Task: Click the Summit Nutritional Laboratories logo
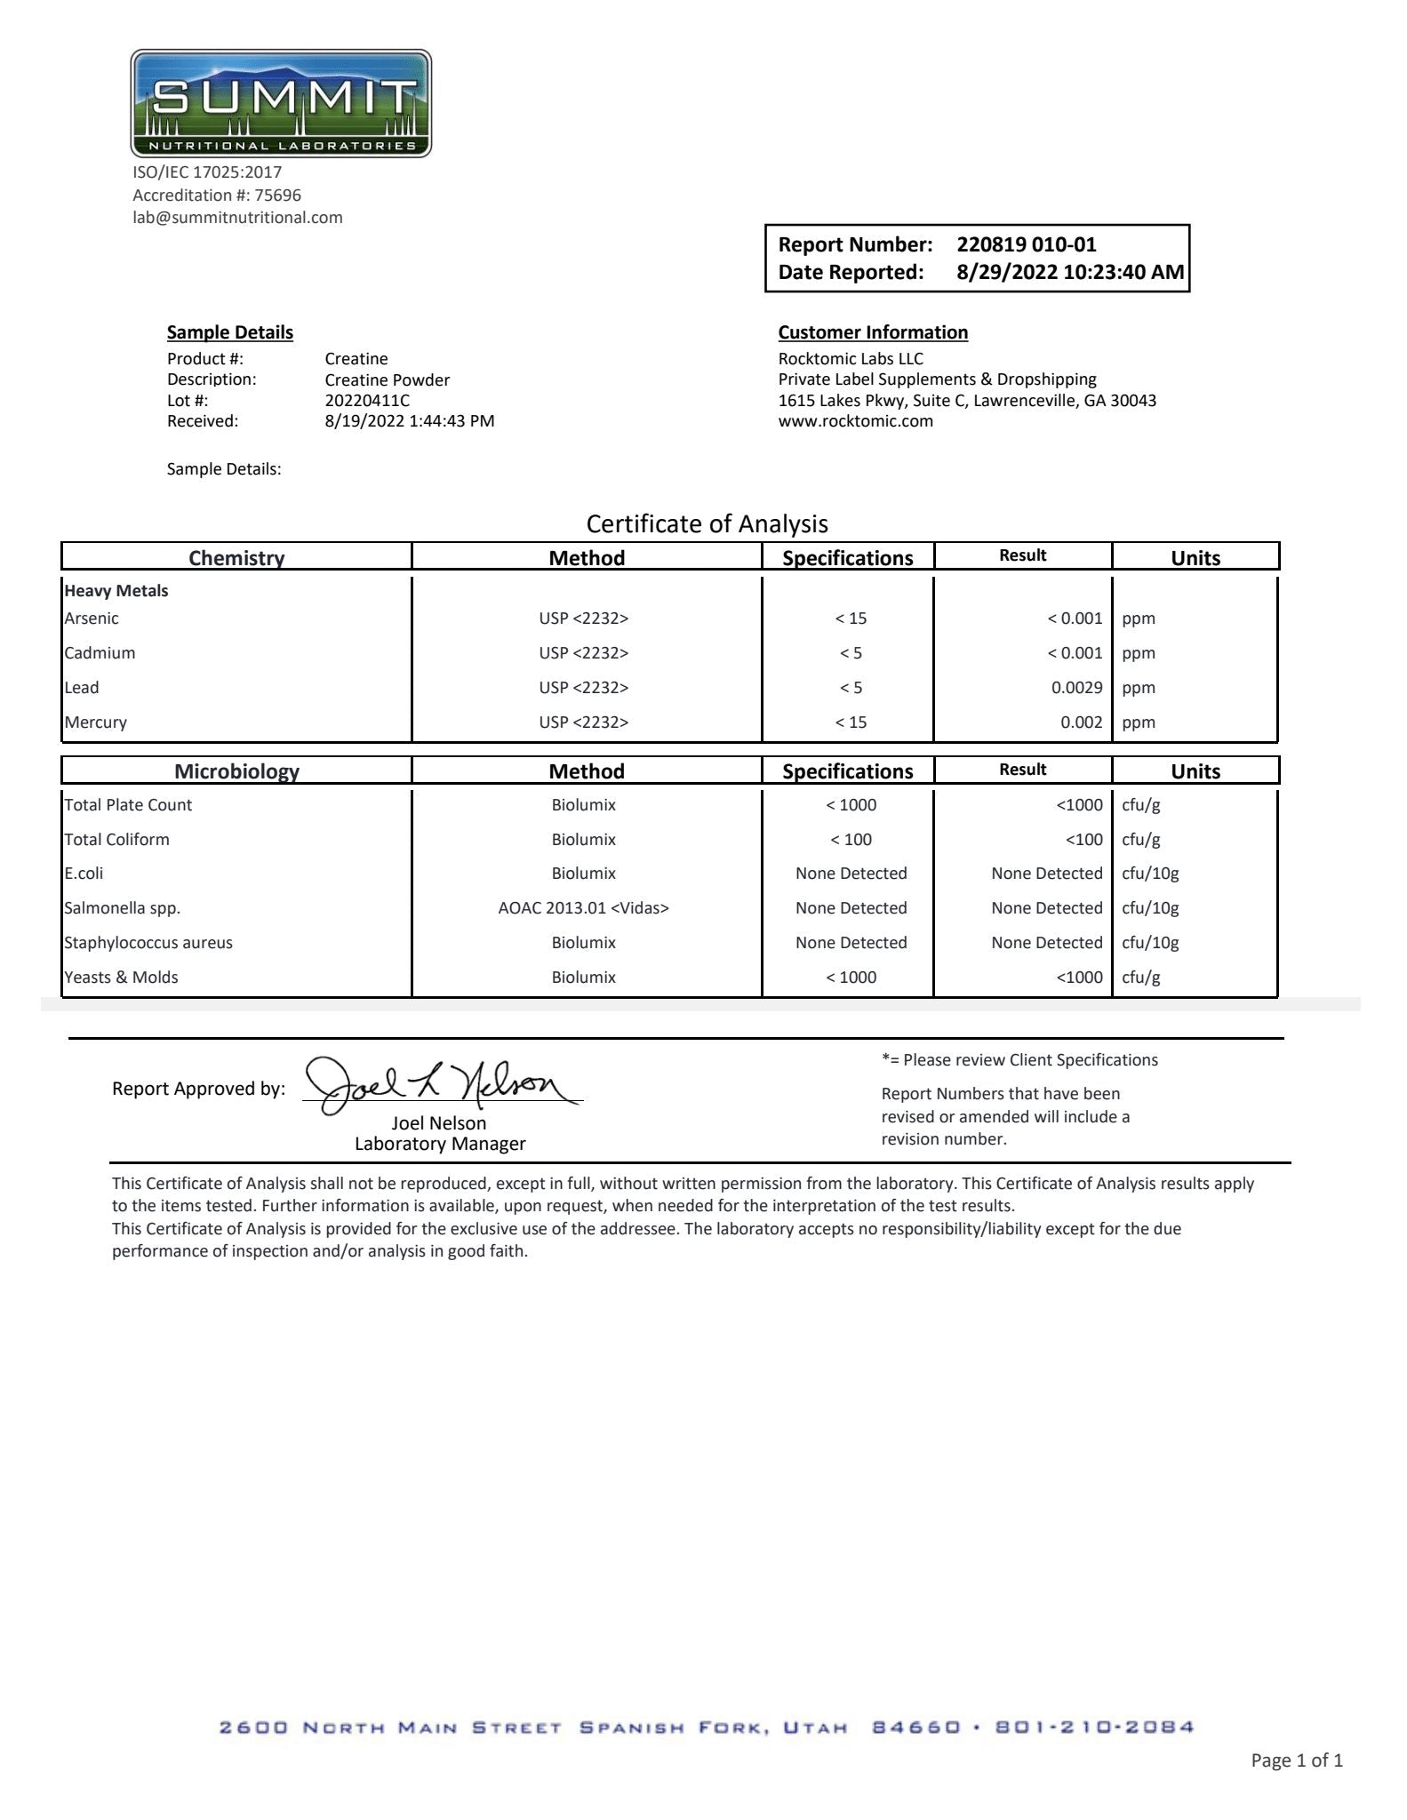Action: (281, 104)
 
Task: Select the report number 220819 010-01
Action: (1026, 244)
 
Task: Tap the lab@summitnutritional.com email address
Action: (237, 218)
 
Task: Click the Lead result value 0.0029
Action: (1076, 688)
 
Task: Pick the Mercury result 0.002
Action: (1081, 722)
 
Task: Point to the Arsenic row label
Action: (92, 619)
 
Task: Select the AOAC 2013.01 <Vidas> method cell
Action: (583, 908)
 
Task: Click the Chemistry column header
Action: (236, 558)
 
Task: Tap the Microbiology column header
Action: (236, 771)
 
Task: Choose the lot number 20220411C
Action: (367, 401)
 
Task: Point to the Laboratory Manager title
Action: (440, 1145)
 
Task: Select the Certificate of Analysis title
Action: (707, 524)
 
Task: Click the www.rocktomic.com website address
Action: (855, 421)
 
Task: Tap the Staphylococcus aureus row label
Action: (148, 943)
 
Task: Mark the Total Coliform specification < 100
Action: (851, 840)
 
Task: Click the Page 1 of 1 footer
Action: (1296, 1760)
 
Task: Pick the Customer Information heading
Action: (873, 332)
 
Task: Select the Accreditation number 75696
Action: (277, 196)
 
